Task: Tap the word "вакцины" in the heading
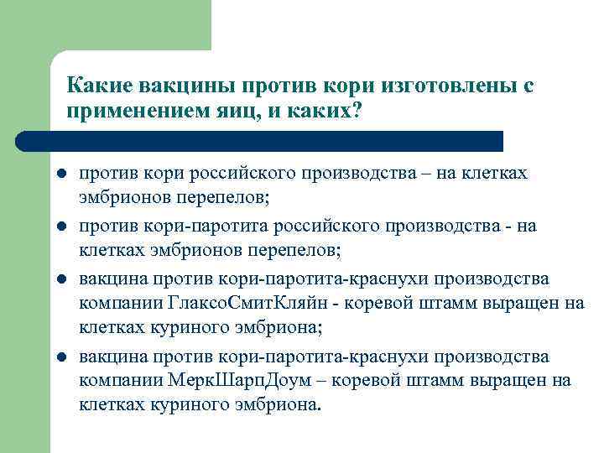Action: point(178,86)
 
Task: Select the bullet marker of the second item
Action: point(61,226)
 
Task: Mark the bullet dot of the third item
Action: point(61,279)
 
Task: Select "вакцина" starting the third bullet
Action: point(109,279)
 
